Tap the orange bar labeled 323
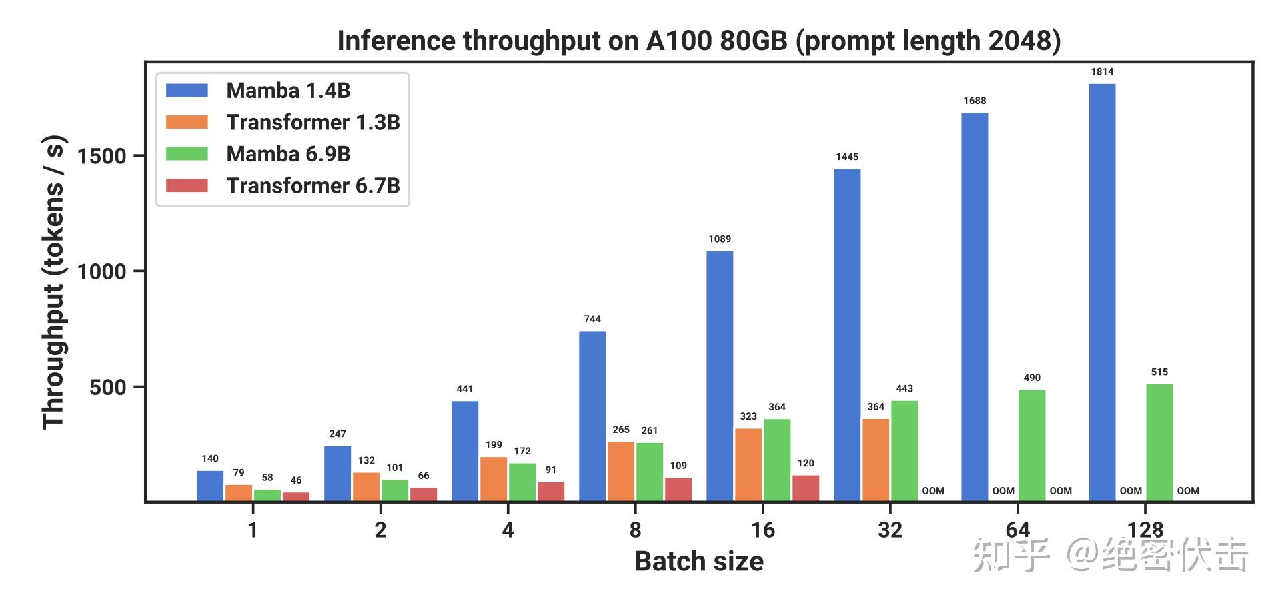(748, 464)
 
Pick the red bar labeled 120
(806, 488)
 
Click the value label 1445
(847, 157)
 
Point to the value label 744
(592, 319)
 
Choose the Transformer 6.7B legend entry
(313, 185)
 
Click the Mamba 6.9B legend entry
(288, 154)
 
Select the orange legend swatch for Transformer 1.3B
(187, 123)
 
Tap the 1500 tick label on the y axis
(102, 157)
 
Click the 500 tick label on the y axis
(108, 388)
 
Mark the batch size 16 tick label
(763, 530)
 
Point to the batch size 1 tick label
(253, 530)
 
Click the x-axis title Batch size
(699, 562)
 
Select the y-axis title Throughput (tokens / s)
(53, 281)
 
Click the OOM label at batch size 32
(933, 491)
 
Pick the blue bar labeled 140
(210, 486)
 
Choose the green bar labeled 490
(1032, 445)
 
